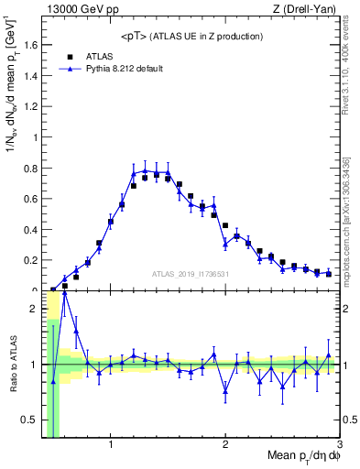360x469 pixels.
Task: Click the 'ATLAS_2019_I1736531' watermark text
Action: pos(190,274)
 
